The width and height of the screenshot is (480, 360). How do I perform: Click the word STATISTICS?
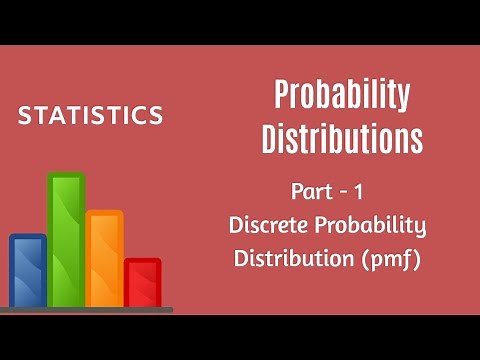[90, 116]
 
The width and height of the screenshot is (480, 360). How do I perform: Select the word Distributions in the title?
[342, 139]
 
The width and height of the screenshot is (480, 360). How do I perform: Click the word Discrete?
[268, 225]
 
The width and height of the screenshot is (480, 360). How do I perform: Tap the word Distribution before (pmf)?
[291, 258]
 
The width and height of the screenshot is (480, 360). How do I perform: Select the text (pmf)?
[390, 258]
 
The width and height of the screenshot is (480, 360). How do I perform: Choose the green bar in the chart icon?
[66, 240]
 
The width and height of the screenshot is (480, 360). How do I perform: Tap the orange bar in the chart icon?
[104, 258]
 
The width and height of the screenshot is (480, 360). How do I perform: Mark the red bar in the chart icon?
[142, 282]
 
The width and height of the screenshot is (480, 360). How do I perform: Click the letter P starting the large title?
[283, 97]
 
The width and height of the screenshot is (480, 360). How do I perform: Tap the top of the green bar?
[66, 177]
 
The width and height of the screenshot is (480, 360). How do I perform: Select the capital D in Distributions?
[271, 139]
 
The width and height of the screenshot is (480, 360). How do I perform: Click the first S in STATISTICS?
[24, 116]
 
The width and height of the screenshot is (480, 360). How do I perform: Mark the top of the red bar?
[142, 262]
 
